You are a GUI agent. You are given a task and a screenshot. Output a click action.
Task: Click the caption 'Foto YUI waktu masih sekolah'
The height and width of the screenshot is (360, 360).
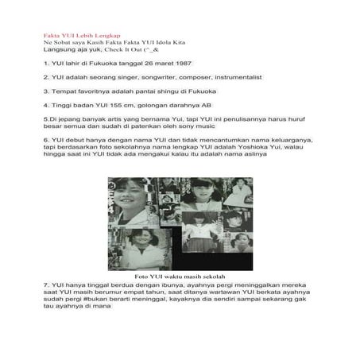pyautogui.click(x=179, y=276)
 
